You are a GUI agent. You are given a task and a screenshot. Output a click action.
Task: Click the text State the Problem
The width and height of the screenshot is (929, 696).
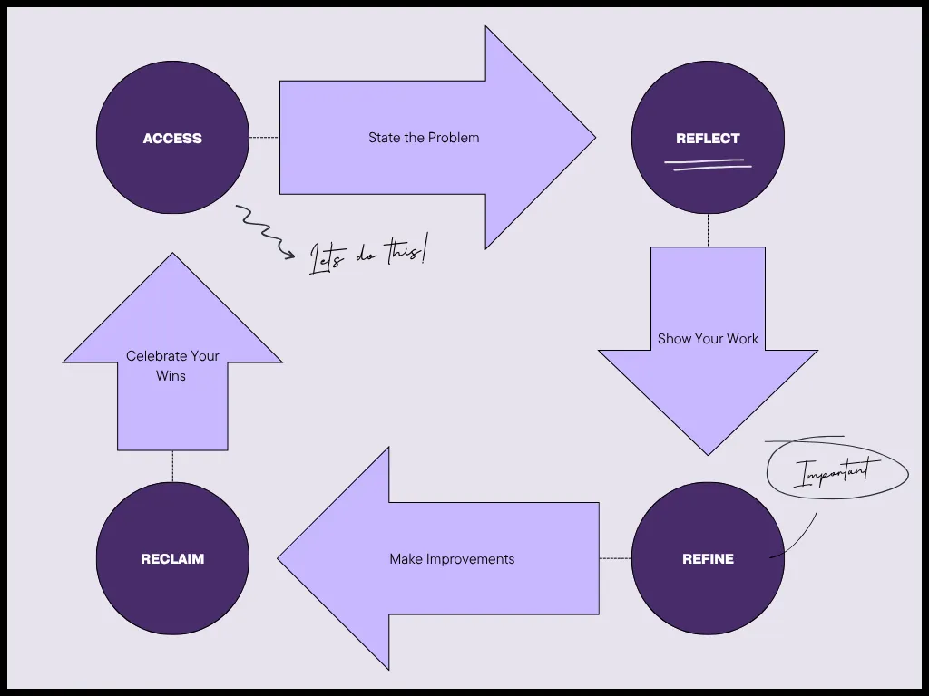pos(424,138)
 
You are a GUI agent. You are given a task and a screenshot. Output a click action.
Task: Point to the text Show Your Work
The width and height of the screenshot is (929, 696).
pos(708,339)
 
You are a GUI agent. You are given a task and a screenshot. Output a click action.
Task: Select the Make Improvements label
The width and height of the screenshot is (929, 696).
pos(452,559)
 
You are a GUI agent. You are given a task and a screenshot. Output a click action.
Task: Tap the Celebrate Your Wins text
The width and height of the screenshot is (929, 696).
pos(172,365)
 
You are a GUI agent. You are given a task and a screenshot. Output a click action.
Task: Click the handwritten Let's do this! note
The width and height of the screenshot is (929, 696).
pos(367,255)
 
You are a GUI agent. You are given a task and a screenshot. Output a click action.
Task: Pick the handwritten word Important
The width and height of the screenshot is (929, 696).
pos(836,472)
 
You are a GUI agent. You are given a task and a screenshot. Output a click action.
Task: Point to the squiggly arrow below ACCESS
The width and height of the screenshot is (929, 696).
pos(263,232)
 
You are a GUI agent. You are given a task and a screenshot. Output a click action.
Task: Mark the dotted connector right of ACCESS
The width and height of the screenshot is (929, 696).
pos(264,138)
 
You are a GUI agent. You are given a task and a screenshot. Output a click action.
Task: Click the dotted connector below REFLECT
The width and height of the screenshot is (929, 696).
pos(708,230)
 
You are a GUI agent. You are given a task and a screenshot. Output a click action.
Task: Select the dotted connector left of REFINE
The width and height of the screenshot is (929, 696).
pos(615,558)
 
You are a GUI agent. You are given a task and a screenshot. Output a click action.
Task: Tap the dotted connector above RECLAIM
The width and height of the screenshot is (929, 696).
pos(172,466)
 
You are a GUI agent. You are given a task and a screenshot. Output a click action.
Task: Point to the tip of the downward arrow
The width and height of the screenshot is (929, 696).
pos(708,452)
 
